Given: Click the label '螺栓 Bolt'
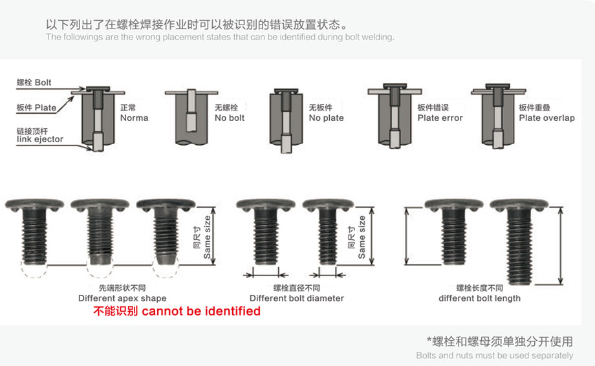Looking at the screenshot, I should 34,83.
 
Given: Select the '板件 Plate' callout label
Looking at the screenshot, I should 36,107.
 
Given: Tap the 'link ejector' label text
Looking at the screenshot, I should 40,139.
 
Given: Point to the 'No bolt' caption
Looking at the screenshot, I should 230,118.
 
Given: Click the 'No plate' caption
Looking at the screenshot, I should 326,118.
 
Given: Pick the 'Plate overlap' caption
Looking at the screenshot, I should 546,118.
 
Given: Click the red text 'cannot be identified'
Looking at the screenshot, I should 200,311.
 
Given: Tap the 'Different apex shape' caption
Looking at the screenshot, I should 122,298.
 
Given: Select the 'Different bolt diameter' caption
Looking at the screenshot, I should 296,298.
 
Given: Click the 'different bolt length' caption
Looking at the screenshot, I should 479,298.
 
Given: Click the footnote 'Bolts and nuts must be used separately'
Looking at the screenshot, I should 494,355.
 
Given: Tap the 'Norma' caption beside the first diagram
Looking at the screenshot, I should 134,118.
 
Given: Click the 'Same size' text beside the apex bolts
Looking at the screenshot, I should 207,237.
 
